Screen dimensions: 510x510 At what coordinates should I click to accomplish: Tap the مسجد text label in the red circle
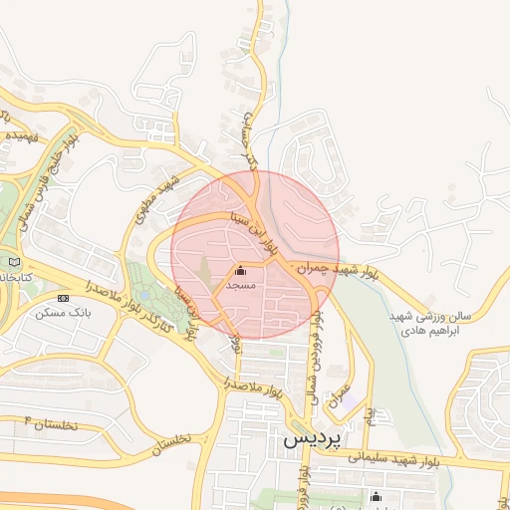click(241, 286)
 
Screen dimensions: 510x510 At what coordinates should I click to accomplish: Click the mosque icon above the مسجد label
click(241, 270)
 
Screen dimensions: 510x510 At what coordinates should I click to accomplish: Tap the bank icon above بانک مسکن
click(64, 297)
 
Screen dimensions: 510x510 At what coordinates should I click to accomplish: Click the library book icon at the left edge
click(13, 261)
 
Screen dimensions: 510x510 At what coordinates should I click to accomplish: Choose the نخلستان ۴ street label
click(42, 424)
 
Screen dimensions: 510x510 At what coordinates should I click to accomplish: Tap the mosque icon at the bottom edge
click(376, 497)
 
